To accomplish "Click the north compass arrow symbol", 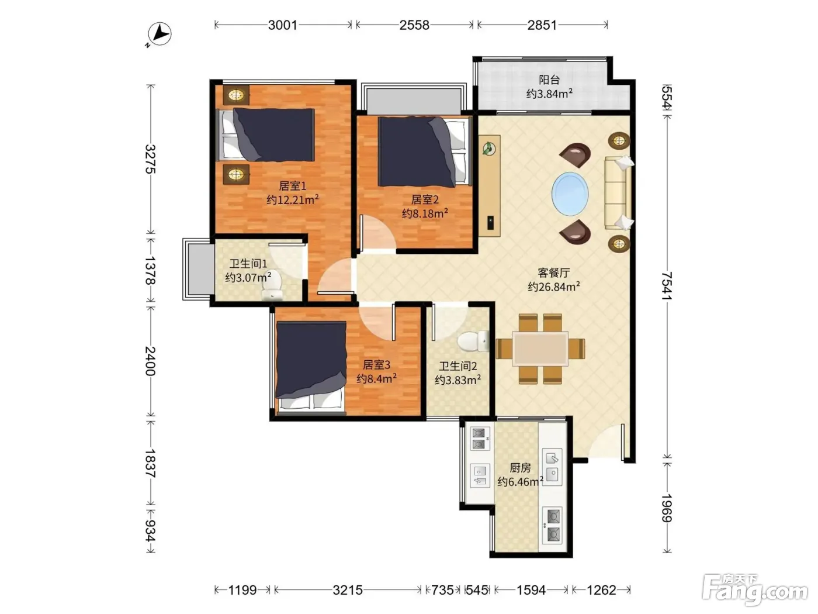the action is (159, 35).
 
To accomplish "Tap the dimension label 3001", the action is (283, 25).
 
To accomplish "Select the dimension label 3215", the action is (348, 590).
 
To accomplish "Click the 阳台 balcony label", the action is (549, 80).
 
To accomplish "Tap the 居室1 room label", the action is (293, 185).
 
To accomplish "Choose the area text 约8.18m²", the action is (425, 213).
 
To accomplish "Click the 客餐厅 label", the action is (554, 272).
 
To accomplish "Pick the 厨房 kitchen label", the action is (520, 467).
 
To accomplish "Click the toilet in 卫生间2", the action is (473, 341).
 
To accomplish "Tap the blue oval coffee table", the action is (570, 194).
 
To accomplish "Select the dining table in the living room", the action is (540, 349).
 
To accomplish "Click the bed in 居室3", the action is (311, 367).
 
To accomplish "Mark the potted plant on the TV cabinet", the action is (489, 149).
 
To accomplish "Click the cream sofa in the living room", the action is (618, 193).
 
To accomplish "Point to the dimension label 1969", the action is (667, 509).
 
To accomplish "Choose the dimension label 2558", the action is (414, 25).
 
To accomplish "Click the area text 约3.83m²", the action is (457, 380).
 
